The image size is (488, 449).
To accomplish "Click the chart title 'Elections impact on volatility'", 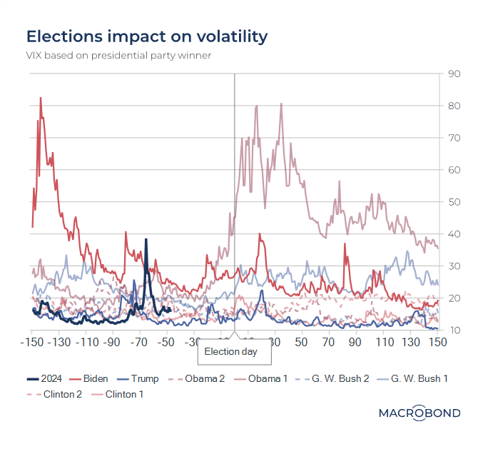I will tap(147, 36).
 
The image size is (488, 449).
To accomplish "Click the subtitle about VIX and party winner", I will tap(118, 56).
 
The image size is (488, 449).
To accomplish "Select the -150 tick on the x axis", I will tap(31, 342).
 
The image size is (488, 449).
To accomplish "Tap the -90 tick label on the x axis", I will tap(112, 342).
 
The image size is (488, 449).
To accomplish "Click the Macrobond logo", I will tap(419, 413).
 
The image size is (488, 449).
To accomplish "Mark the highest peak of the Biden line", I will tap(41, 98).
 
